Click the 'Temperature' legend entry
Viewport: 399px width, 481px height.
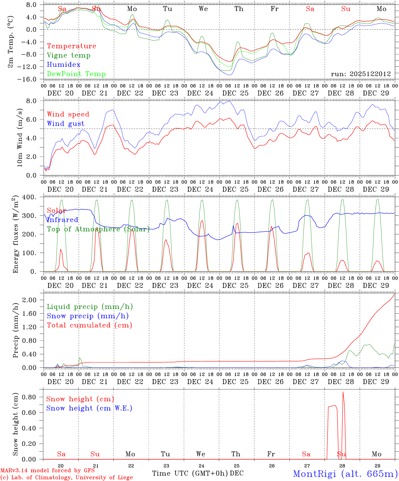[72, 46]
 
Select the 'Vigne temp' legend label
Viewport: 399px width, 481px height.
[69, 55]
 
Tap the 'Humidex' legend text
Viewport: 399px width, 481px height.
[63, 65]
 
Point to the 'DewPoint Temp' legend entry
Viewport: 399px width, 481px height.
[76, 74]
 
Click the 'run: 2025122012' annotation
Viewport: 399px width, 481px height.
[361, 74]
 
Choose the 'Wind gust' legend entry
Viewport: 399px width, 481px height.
[65, 124]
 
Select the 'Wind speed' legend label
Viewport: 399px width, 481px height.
[68, 114]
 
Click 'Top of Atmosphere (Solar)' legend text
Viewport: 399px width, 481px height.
[98, 229]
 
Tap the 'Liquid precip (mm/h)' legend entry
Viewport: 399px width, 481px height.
[90, 307]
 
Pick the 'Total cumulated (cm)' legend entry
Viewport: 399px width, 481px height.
[90, 325]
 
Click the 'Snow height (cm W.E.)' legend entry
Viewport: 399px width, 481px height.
[89, 408]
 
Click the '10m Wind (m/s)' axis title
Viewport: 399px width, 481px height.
[20, 137]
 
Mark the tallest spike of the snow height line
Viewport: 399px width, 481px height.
[343, 392]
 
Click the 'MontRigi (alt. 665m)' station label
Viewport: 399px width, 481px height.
[345, 474]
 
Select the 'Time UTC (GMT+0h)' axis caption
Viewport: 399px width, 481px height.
[190, 473]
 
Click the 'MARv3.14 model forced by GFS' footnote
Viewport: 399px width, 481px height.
[47, 471]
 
